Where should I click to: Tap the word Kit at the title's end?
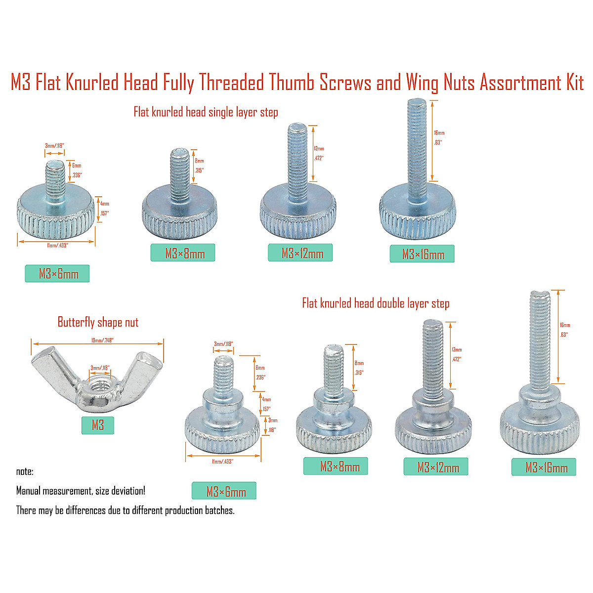[x=575, y=83]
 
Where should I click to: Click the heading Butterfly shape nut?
[x=98, y=323]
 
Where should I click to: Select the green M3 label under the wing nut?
[x=98, y=425]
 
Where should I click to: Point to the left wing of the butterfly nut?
[x=49, y=363]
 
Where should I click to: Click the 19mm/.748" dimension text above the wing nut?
[x=102, y=340]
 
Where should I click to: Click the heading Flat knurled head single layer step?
[x=206, y=112]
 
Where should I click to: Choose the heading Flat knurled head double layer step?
[x=376, y=303]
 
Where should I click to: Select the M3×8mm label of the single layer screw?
[x=185, y=254]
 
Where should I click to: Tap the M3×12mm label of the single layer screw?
[x=302, y=254]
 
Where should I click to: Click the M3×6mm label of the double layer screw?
[x=226, y=492]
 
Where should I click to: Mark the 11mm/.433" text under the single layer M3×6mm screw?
[x=57, y=246]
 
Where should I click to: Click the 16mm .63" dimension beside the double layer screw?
[x=565, y=330]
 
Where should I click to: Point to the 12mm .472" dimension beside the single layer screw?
[x=319, y=153]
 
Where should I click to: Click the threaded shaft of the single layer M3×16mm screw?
[x=417, y=148]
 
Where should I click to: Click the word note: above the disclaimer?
[x=25, y=471]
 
